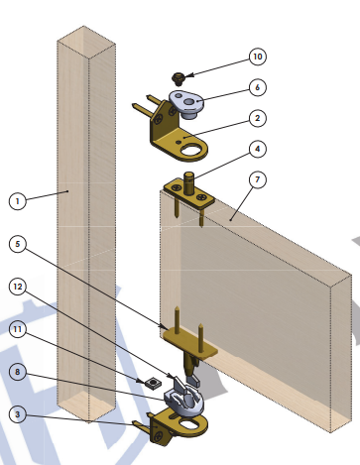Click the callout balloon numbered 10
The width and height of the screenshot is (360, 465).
[x=257, y=57]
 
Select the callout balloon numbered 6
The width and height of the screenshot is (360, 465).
[x=257, y=87]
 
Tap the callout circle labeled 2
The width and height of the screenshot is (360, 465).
[x=257, y=118]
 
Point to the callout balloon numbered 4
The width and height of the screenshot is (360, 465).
[x=257, y=149]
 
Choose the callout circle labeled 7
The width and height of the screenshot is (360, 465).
[x=257, y=179]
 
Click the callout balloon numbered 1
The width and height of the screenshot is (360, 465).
[x=18, y=201]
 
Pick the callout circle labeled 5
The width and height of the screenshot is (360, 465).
[x=18, y=244]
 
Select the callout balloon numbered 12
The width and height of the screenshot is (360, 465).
[x=18, y=287]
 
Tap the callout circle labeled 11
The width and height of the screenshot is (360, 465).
[x=18, y=329]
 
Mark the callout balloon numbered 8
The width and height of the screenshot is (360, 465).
[x=18, y=372]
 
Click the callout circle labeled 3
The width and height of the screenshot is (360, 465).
[x=18, y=414]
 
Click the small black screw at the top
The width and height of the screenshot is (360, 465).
[x=179, y=78]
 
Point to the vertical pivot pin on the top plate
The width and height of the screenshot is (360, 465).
[x=188, y=183]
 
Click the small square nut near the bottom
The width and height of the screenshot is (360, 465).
[x=153, y=383]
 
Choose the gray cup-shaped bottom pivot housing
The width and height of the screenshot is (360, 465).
[x=184, y=400]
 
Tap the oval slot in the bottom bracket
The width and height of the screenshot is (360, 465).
[x=188, y=423]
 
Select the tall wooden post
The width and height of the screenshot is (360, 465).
[x=86, y=224]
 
